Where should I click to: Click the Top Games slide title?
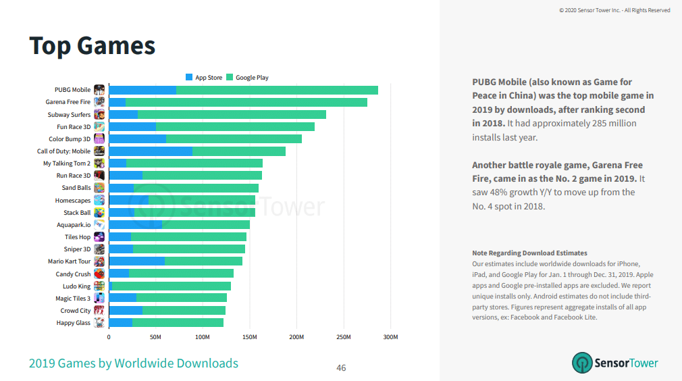pyautogui.click(x=93, y=46)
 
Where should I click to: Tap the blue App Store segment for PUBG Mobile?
pyautogui.click(x=142, y=90)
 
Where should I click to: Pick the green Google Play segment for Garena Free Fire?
pyautogui.click(x=246, y=102)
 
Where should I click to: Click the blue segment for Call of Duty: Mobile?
pyautogui.click(x=151, y=151)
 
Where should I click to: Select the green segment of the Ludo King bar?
pyautogui.click(x=172, y=286)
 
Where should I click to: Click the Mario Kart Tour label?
pyautogui.click(x=69, y=261)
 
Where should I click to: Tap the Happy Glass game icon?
pyautogui.click(x=99, y=323)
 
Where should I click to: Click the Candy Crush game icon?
pyautogui.click(x=99, y=274)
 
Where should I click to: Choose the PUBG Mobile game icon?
pyautogui.click(x=99, y=90)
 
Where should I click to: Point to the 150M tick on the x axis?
pyautogui.click(x=249, y=336)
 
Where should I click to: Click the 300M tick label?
pyautogui.click(x=390, y=336)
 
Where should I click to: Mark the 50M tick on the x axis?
pyautogui.click(x=155, y=336)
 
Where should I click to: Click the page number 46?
pyautogui.click(x=341, y=368)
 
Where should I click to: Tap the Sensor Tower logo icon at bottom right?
pyautogui.click(x=581, y=363)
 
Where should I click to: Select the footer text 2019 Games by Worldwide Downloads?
pyautogui.click(x=133, y=363)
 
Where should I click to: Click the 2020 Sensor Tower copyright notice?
pyautogui.click(x=614, y=10)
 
